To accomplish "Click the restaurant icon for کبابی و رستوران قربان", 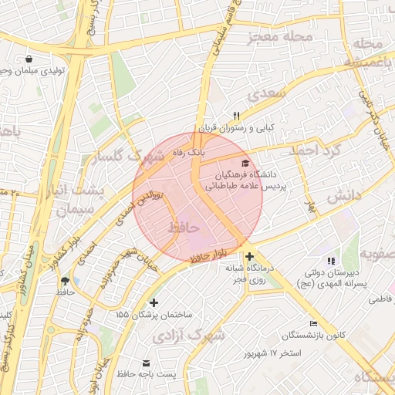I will [x=226, y=115].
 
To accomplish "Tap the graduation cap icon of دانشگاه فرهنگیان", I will [x=245, y=163].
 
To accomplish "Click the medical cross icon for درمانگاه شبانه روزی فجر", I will [x=248, y=255].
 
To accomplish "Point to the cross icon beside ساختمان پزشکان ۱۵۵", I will [x=154, y=302].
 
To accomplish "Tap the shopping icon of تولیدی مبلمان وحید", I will [x=29, y=59].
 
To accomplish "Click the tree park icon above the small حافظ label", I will [x=64, y=280].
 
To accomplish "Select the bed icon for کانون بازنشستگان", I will [x=312, y=323].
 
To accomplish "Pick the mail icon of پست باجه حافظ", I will [x=146, y=362].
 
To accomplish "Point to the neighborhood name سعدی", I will [x=266, y=93].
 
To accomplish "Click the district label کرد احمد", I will [x=314, y=150].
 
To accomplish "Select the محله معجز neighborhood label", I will [x=281, y=37].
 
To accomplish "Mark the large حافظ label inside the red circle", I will [x=183, y=228].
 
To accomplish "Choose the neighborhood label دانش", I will [x=344, y=197].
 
